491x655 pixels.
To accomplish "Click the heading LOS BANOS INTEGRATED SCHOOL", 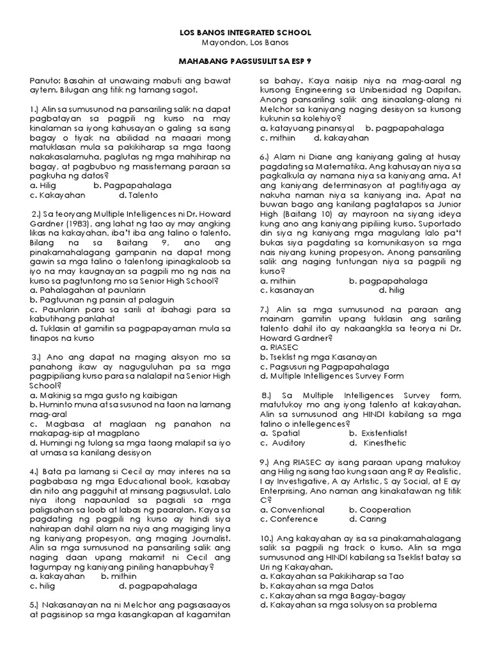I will pyautogui.click(x=245, y=31).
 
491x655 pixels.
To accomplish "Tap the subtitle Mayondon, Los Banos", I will pyautogui.click(x=245, y=42).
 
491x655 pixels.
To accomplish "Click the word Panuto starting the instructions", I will pyautogui.click(x=44, y=81).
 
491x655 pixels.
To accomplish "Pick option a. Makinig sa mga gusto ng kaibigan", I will pyautogui.click(x=103, y=395).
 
